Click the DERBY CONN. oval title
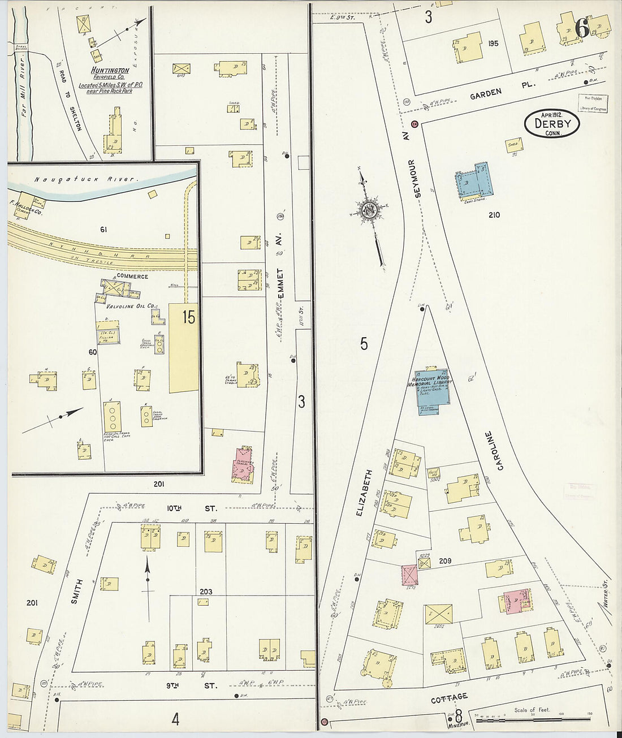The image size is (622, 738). click(x=553, y=123)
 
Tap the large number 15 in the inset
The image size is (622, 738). click(x=188, y=318)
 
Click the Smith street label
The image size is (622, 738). click(x=79, y=592)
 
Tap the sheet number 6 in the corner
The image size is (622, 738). click(x=581, y=27)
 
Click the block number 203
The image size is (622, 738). click(x=205, y=592)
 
